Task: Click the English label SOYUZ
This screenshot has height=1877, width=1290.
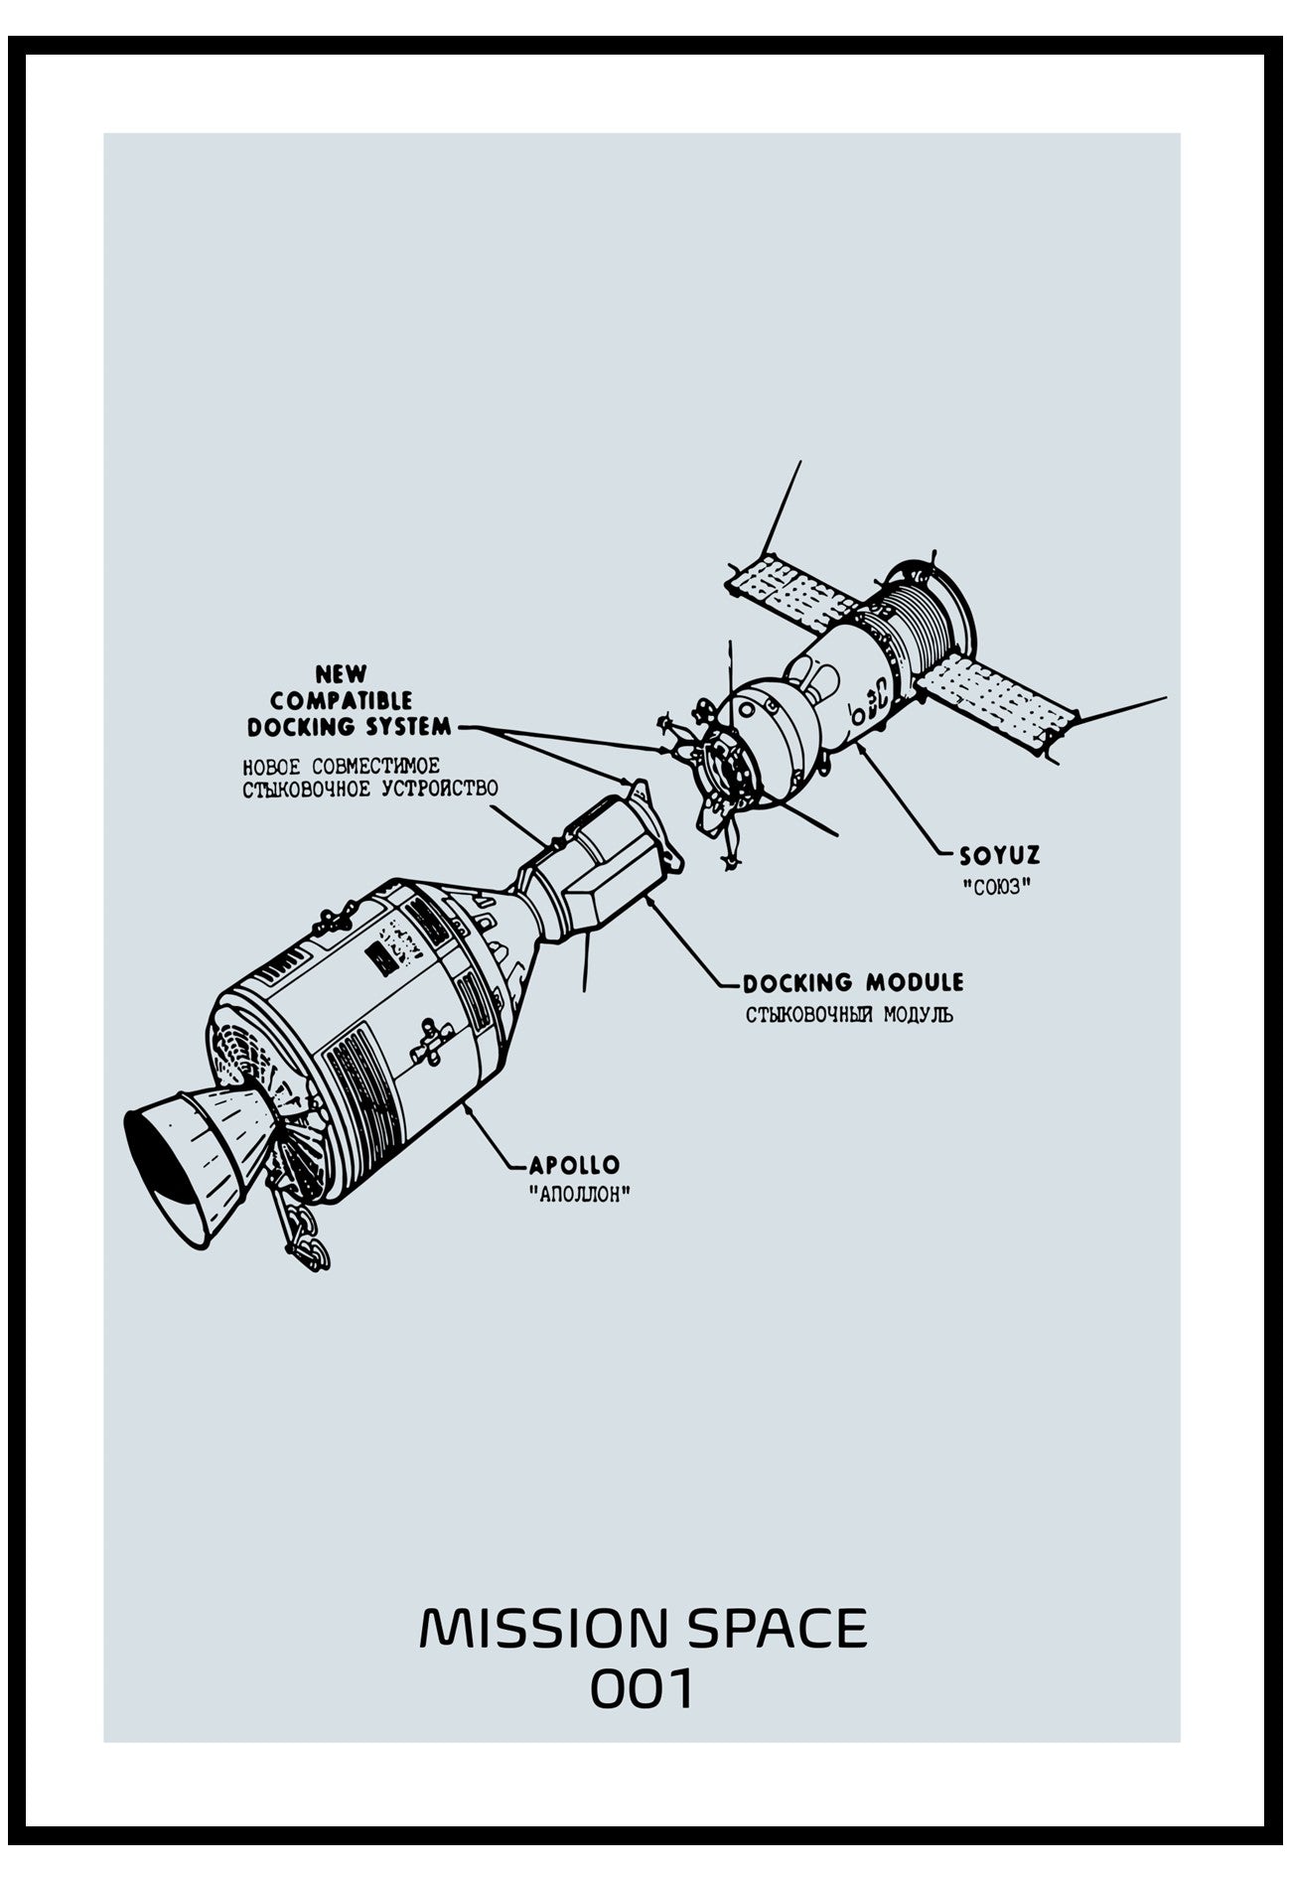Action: (x=999, y=855)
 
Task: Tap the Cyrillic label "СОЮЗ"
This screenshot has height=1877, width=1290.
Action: (x=996, y=887)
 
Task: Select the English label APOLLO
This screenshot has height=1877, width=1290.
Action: (x=574, y=1164)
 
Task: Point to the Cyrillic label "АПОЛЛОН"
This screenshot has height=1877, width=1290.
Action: (x=581, y=1194)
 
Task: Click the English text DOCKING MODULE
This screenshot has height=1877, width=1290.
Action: (x=853, y=983)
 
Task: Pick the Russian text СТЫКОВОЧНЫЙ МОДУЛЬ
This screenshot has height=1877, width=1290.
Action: (x=849, y=1015)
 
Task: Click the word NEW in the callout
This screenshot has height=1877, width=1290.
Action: (x=342, y=675)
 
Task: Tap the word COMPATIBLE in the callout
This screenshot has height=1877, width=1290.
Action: (x=342, y=701)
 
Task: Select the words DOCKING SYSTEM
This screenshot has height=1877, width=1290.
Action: (x=350, y=727)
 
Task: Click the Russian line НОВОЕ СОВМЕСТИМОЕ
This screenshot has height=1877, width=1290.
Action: (x=342, y=767)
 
